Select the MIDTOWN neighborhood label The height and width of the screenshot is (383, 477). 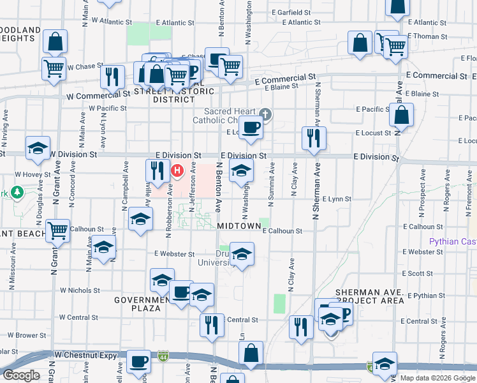tap(238, 226)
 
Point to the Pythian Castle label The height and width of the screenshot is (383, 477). tap(451, 242)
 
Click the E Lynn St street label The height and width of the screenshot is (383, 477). tap(337, 199)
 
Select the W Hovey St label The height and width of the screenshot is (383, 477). tap(33, 174)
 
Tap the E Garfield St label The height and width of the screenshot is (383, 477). tap(291, 12)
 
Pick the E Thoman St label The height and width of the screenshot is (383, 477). tap(427, 36)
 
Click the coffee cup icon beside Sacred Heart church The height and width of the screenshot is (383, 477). tap(251, 127)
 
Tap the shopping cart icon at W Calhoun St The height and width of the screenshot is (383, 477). tap(57, 230)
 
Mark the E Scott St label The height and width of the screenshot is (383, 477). tap(417, 273)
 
